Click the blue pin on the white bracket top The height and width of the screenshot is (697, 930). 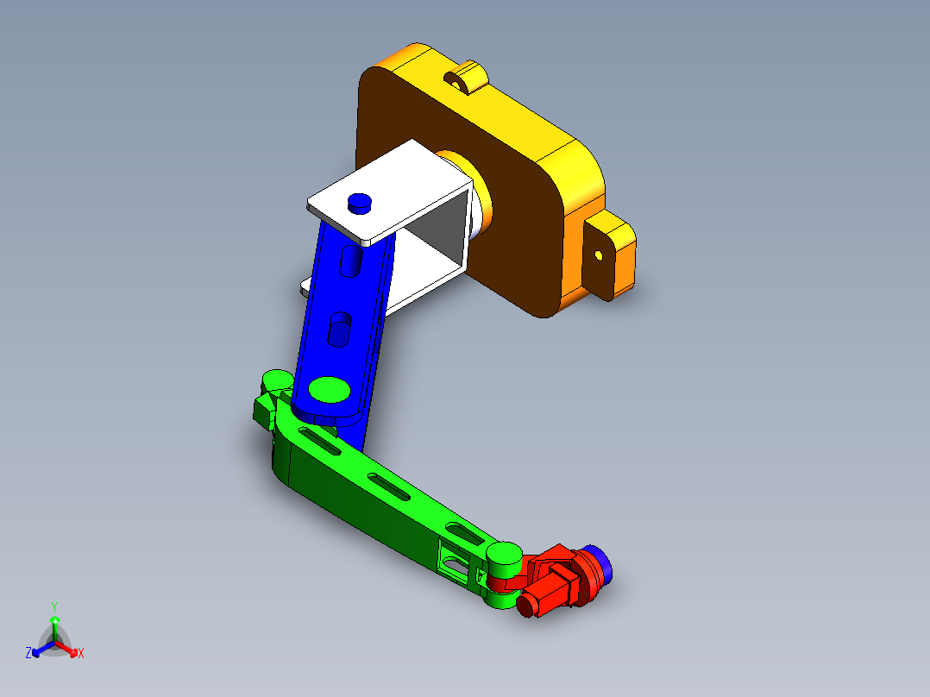click(360, 203)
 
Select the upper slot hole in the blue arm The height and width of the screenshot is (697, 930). click(351, 261)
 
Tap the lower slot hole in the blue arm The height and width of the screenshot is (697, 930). click(339, 330)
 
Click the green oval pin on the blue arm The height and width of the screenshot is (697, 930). click(330, 389)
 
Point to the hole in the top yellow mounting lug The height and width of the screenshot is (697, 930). click(456, 85)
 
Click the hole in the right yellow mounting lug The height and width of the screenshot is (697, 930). click(599, 255)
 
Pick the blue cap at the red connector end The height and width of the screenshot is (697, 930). click(600, 563)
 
